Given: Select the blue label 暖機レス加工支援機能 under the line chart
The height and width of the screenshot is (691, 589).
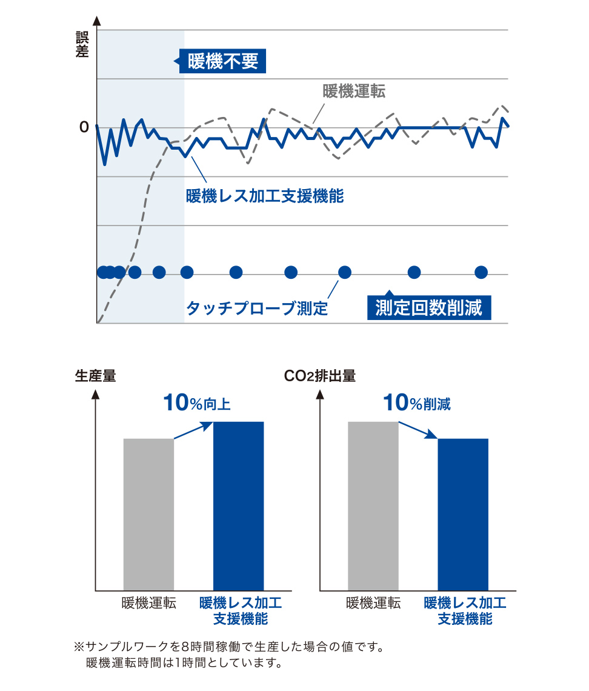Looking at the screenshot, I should point(265,196).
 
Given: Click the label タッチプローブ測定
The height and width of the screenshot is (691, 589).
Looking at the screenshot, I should point(257,309).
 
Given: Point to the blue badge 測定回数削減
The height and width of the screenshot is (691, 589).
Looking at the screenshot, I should point(428,308).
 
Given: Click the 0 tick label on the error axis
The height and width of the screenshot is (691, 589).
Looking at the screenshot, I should point(84,127).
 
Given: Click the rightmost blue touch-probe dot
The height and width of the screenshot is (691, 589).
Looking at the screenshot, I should point(481,272).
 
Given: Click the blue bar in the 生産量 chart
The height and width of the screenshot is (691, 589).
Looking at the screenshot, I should point(239,506).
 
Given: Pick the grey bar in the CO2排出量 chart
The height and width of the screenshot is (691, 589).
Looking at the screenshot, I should point(373,506).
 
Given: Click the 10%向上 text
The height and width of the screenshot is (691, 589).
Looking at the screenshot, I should point(197,404).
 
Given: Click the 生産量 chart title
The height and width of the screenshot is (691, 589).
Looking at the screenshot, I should point(95,376).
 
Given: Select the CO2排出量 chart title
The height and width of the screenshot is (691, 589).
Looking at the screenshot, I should point(320,376).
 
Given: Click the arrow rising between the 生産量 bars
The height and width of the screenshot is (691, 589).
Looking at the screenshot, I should point(193,430).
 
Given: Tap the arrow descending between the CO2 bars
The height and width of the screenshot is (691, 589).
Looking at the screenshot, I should point(418,430).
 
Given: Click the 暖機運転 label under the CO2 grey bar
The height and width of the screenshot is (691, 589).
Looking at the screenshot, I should point(373,604).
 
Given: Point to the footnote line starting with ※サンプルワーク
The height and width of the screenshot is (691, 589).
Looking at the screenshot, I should point(229,647).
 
